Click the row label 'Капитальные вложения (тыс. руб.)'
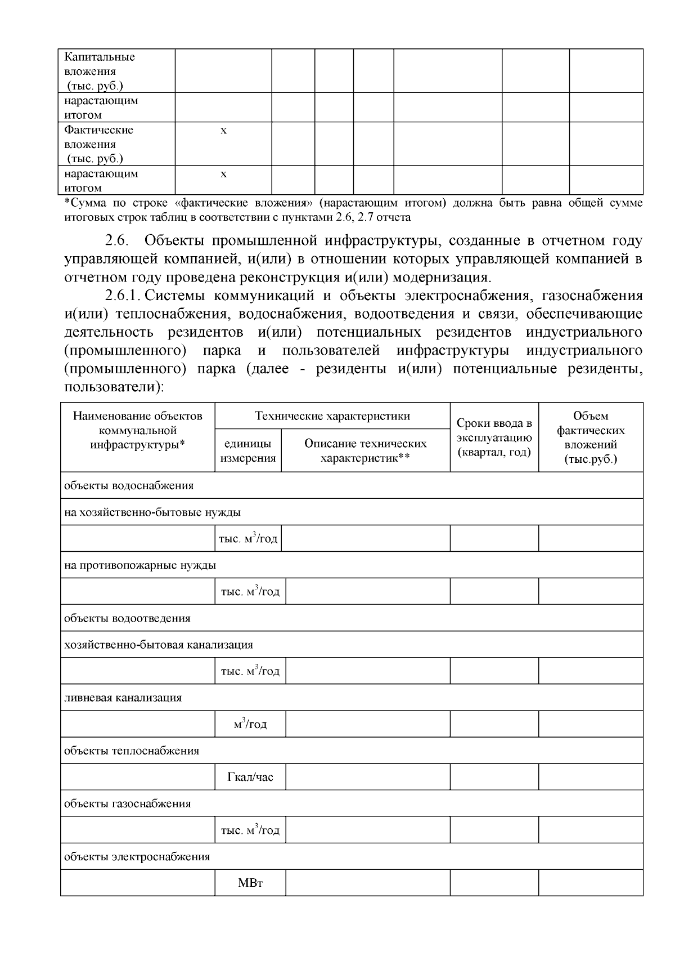[x=100, y=71]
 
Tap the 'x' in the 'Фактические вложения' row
[x=223, y=131]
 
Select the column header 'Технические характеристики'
[x=332, y=416]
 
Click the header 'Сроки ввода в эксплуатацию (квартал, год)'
[x=494, y=437]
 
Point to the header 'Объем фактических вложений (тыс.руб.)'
[x=590, y=437]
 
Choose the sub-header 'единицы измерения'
[x=248, y=450]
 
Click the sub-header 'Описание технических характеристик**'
[x=365, y=450]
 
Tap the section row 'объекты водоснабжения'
[x=129, y=485]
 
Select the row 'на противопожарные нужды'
[x=140, y=565]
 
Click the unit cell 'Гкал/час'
[x=250, y=777]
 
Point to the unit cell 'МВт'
[x=250, y=883]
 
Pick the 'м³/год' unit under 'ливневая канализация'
[x=250, y=724]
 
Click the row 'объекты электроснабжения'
[x=137, y=856]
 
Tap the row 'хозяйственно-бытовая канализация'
[x=159, y=645]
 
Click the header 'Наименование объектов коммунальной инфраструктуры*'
[x=137, y=430]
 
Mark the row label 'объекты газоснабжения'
[x=128, y=803]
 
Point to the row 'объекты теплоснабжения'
[x=132, y=750]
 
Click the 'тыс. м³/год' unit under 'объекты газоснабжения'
[x=250, y=830]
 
